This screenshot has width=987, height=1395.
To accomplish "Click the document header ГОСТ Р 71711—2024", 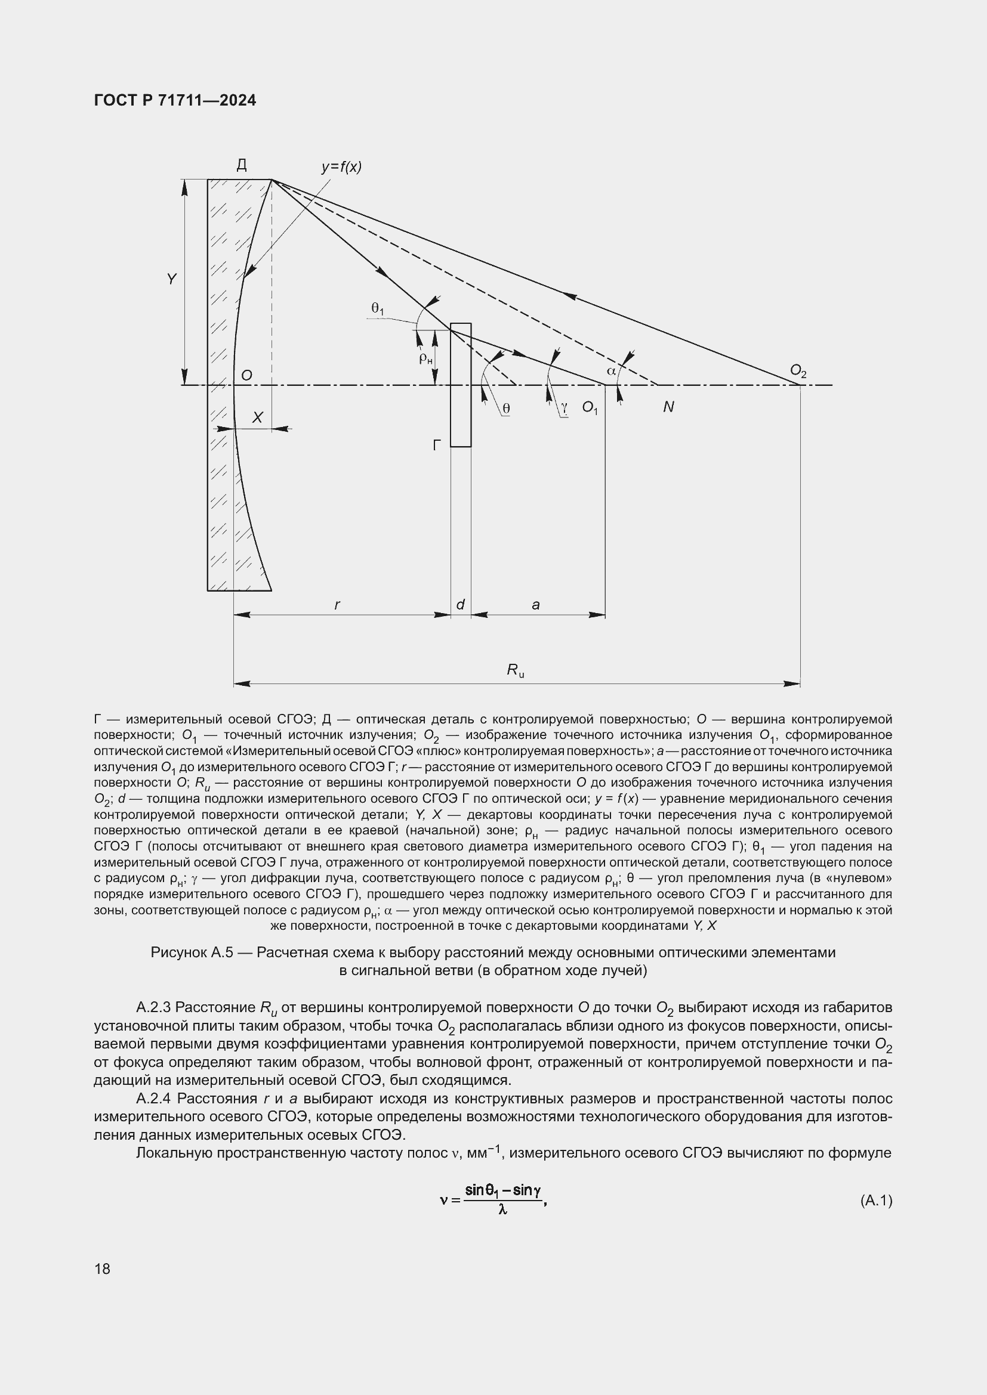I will [175, 100].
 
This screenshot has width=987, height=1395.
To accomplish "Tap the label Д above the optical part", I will [242, 165].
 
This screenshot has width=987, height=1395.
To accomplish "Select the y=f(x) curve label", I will [341, 167].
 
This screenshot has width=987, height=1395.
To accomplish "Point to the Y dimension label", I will [172, 279].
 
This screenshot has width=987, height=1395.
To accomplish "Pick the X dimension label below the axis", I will [257, 417].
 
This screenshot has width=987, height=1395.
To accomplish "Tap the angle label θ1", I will [377, 310].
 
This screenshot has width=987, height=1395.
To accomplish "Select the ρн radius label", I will [425, 358].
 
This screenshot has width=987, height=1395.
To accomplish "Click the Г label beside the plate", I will [437, 446].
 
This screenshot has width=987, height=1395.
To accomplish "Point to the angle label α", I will [612, 370].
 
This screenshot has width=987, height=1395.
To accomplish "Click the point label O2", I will [798, 370].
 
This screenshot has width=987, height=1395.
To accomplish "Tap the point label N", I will [668, 407].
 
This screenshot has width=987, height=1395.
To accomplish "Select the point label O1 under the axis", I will [590, 407].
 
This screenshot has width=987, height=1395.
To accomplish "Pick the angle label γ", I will [565, 408].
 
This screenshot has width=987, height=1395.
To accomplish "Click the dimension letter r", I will [337, 605].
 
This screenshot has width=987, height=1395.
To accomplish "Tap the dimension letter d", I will [460, 605].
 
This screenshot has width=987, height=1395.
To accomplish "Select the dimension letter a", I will [535, 605].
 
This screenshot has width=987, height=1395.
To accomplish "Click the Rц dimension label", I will [516, 671].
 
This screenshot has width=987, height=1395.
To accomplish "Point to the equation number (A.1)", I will [876, 1200].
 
